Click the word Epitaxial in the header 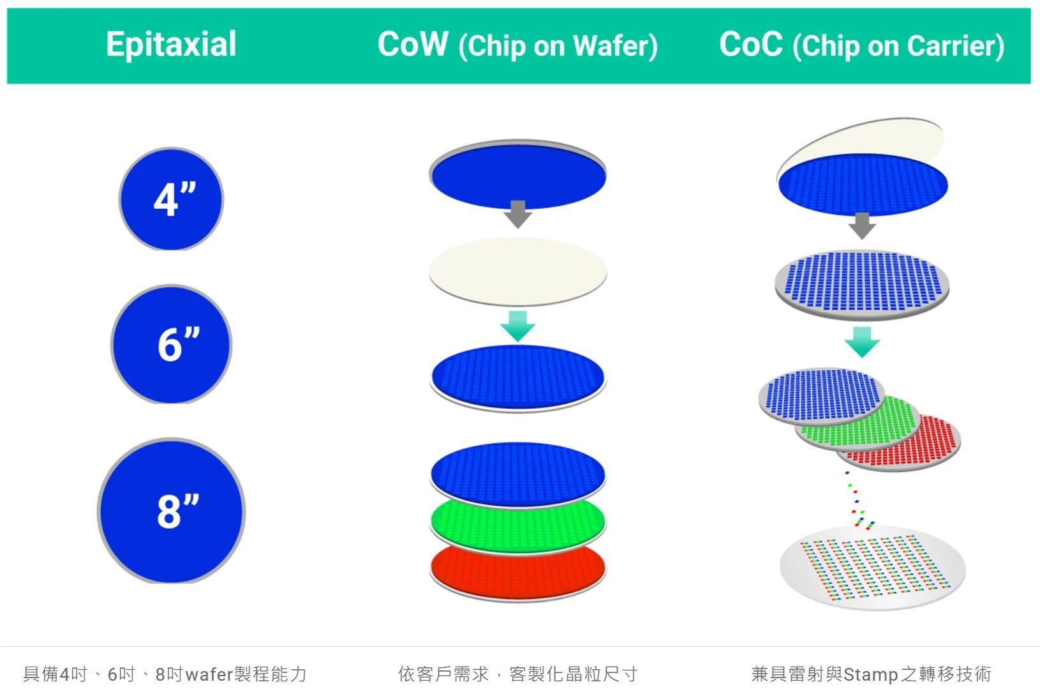tap(171, 45)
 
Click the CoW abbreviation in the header tap(413, 44)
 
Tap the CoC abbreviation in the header tap(751, 44)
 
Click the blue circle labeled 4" tap(172, 199)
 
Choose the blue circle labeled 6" tap(172, 345)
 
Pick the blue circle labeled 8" tap(172, 511)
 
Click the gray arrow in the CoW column tap(517, 214)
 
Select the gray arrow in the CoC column tap(862, 226)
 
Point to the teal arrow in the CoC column tap(862, 342)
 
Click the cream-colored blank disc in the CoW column tap(517, 272)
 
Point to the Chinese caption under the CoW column tap(517, 674)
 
